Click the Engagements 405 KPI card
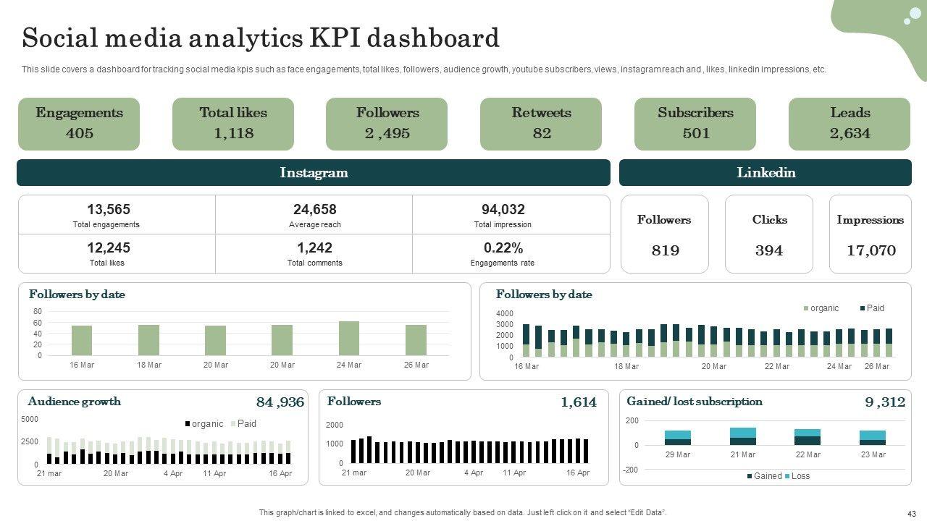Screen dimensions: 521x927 pyautogui.click(x=79, y=124)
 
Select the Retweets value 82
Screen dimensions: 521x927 pyautogui.click(x=542, y=133)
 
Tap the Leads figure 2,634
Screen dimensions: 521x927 pyautogui.click(x=850, y=133)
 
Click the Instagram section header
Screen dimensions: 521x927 pyautogui.click(x=314, y=173)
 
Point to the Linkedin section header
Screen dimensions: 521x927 pyautogui.click(x=765, y=173)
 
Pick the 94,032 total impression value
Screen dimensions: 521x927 pyautogui.click(x=503, y=210)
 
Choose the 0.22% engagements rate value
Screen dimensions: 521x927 pyautogui.click(x=503, y=248)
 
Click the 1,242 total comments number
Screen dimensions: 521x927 pyautogui.click(x=314, y=248)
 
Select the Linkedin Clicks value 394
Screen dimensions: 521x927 pyautogui.click(x=769, y=250)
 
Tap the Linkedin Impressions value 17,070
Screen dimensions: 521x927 pyautogui.click(x=871, y=250)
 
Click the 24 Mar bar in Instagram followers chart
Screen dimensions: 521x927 pyautogui.click(x=349, y=339)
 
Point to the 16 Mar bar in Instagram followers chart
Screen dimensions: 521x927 pyautogui.click(x=82, y=340)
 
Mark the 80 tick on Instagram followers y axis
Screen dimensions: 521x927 pyautogui.click(x=37, y=311)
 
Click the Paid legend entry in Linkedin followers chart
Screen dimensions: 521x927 pyautogui.click(x=872, y=308)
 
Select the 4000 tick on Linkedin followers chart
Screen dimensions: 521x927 pyautogui.click(x=504, y=313)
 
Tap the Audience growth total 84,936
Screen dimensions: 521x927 pyautogui.click(x=280, y=402)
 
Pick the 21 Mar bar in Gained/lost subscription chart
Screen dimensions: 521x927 pyautogui.click(x=743, y=436)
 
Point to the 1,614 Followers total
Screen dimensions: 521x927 pyautogui.click(x=578, y=402)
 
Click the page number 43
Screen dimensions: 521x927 pyautogui.click(x=911, y=512)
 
